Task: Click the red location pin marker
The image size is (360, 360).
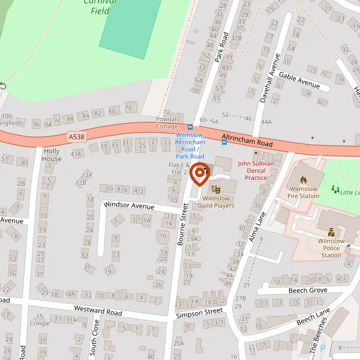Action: click(200, 174)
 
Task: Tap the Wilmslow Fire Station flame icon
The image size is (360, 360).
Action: click(303, 179)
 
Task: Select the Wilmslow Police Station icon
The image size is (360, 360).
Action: click(331, 232)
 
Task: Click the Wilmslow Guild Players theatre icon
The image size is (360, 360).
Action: click(217, 190)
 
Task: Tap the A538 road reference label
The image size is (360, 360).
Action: click(77, 137)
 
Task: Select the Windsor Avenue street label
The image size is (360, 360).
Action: click(129, 205)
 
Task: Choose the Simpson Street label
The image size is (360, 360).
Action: click(199, 313)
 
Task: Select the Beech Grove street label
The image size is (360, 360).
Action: click(307, 290)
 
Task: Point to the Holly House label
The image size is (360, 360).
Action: click(52, 155)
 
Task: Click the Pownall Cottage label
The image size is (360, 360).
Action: click(167, 123)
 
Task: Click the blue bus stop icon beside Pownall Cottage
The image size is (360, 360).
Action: click(190, 127)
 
